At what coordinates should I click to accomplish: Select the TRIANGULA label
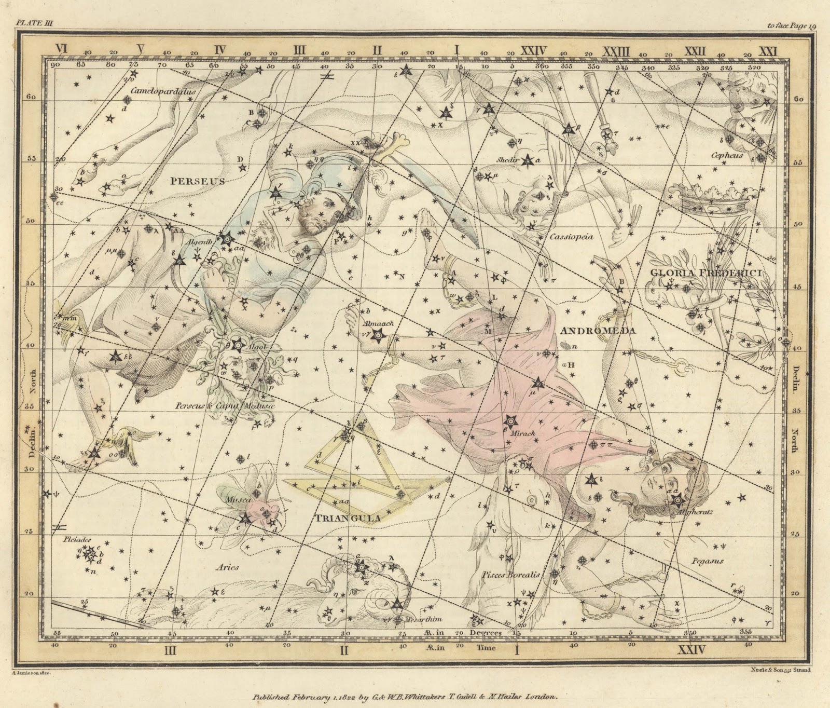pyautogui.click(x=347, y=518)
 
